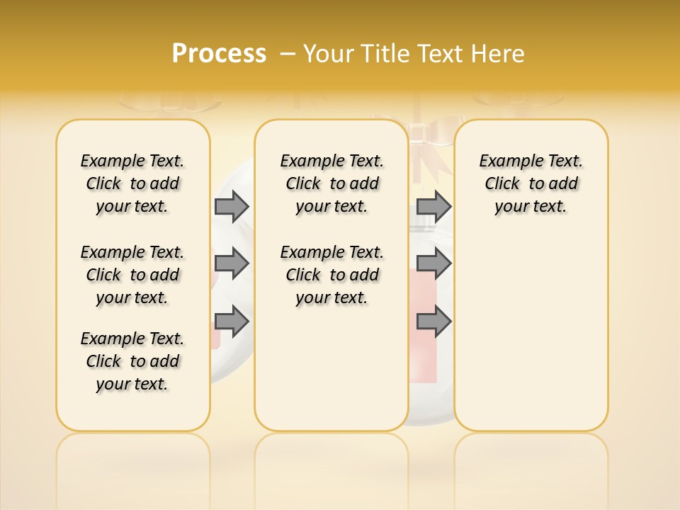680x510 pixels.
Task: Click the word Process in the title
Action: (219, 54)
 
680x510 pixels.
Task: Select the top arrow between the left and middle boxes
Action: (232, 206)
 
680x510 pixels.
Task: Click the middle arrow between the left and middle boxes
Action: (232, 263)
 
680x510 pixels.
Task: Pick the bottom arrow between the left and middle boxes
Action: (232, 322)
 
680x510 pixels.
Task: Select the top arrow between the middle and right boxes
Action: (433, 206)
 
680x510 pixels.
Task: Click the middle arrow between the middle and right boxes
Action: (433, 263)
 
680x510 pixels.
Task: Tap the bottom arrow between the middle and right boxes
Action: (433, 322)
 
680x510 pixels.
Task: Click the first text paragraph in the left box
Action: (132, 183)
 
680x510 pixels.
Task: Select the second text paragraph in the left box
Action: (132, 275)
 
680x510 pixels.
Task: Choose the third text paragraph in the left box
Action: (132, 361)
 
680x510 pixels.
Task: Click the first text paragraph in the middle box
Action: (331, 183)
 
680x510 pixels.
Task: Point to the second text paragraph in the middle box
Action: (331, 275)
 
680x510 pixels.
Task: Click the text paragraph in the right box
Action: (531, 183)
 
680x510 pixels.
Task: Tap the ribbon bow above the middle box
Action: (423, 135)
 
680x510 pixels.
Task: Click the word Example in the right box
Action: (504, 161)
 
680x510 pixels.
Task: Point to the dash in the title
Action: (288, 54)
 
